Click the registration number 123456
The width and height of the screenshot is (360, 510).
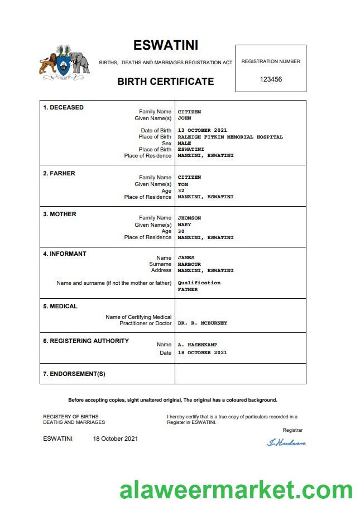coord(271,79)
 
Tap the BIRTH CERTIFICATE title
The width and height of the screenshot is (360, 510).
coord(165,82)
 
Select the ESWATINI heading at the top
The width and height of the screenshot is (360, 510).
coord(166,45)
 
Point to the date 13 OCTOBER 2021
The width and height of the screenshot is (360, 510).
coord(202,130)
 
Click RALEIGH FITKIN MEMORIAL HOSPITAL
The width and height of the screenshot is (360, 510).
coord(230,137)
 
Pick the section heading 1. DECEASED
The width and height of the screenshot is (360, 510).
coord(63,107)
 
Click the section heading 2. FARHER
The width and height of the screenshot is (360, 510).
coord(59,173)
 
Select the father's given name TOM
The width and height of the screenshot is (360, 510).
coord(183,184)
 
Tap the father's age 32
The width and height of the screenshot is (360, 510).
coord(181,190)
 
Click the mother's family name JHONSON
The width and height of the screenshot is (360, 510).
coord(189,218)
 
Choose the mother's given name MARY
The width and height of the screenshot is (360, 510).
coord(184,225)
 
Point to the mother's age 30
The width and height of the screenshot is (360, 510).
coord(181,231)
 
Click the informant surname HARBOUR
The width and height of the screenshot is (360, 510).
coord(189,264)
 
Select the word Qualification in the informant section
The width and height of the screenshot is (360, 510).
coord(199,283)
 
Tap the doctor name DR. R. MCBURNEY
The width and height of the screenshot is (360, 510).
coord(202,323)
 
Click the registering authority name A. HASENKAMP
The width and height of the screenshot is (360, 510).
coord(198,345)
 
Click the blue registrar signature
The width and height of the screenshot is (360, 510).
coord(286,442)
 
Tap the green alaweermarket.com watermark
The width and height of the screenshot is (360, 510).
coord(236,490)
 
